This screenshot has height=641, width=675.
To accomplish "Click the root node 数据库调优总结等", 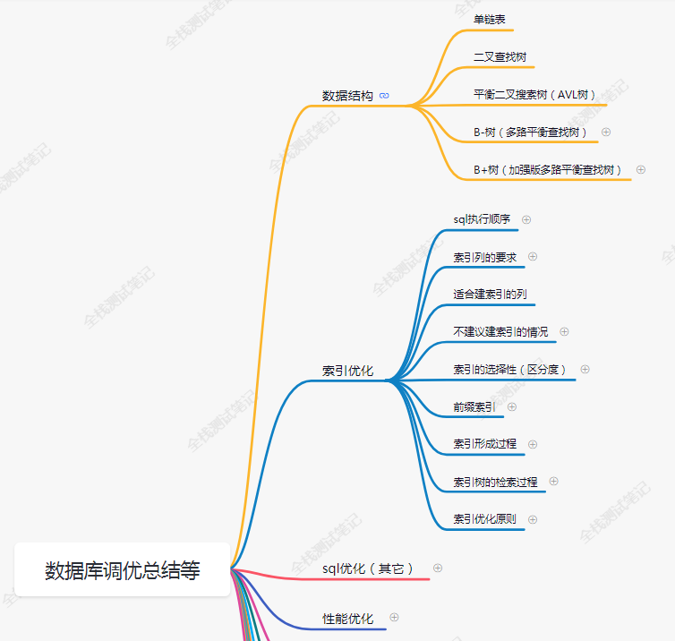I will click(x=123, y=570).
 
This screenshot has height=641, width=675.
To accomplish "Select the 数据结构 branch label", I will click(x=347, y=95).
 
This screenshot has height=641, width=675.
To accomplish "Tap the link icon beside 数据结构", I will click(x=384, y=95).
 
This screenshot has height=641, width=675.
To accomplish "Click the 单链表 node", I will click(x=491, y=19).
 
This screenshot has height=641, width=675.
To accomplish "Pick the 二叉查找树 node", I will click(x=500, y=56).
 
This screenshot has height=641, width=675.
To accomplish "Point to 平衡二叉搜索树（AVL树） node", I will click(x=534, y=94).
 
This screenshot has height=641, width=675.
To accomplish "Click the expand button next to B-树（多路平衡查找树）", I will click(x=606, y=132).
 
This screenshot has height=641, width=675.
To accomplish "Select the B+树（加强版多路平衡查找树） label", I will click(x=548, y=169).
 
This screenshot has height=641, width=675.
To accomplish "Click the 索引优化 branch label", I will click(x=347, y=371).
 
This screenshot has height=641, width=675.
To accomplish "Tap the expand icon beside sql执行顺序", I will click(x=526, y=218).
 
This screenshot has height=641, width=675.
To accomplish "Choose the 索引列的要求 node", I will click(x=484, y=257).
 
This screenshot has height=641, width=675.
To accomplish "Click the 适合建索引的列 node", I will click(x=490, y=294).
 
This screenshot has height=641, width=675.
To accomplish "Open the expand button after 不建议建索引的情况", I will click(x=564, y=331).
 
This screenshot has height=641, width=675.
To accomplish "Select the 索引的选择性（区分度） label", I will click(x=509, y=369).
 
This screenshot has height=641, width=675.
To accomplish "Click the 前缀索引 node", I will click(x=474, y=406).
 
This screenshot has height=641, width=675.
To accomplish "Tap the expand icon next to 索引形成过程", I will click(x=534, y=444).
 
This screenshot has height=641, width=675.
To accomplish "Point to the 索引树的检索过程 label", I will click(x=495, y=482).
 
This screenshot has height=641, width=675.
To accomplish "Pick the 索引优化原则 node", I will click(x=484, y=519).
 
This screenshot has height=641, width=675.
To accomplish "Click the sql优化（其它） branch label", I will click(x=367, y=568).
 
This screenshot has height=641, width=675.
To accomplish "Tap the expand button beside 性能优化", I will click(x=394, y=617).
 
